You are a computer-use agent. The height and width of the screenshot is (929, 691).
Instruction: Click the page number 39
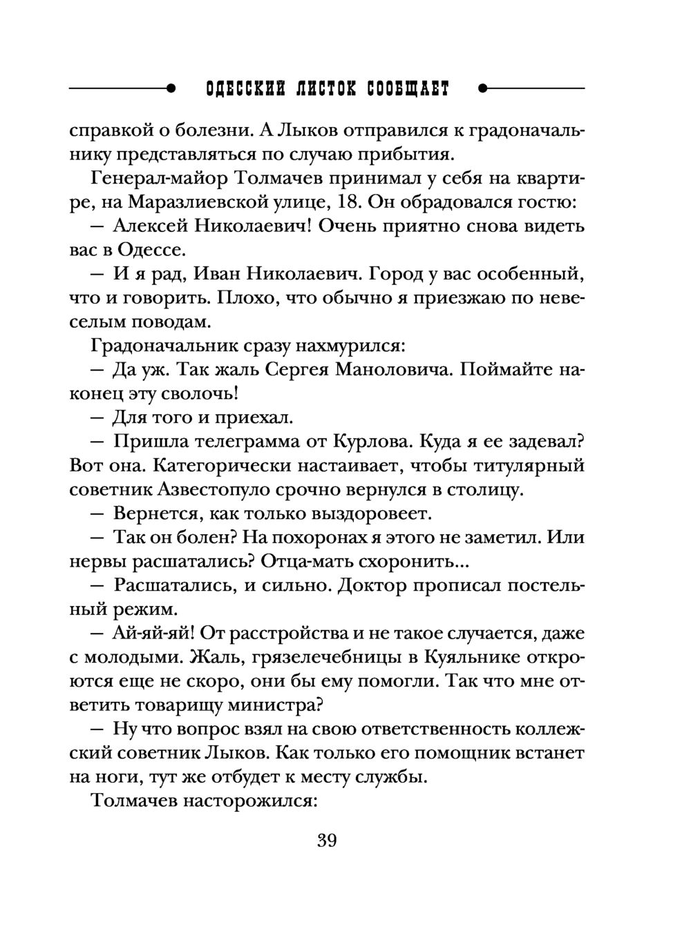(327, 841)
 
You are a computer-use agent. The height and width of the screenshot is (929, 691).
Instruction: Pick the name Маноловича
(393, 370)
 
